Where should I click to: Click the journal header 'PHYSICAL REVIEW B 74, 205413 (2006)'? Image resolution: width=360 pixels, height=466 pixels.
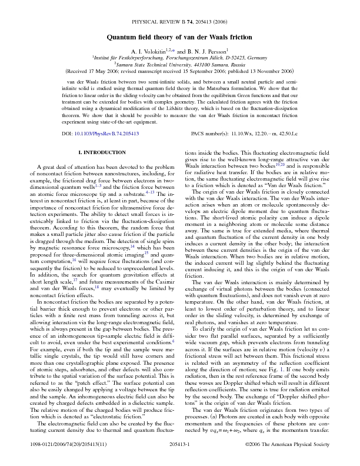[179, 21]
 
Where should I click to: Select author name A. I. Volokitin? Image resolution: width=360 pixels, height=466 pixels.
[148, 52]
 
